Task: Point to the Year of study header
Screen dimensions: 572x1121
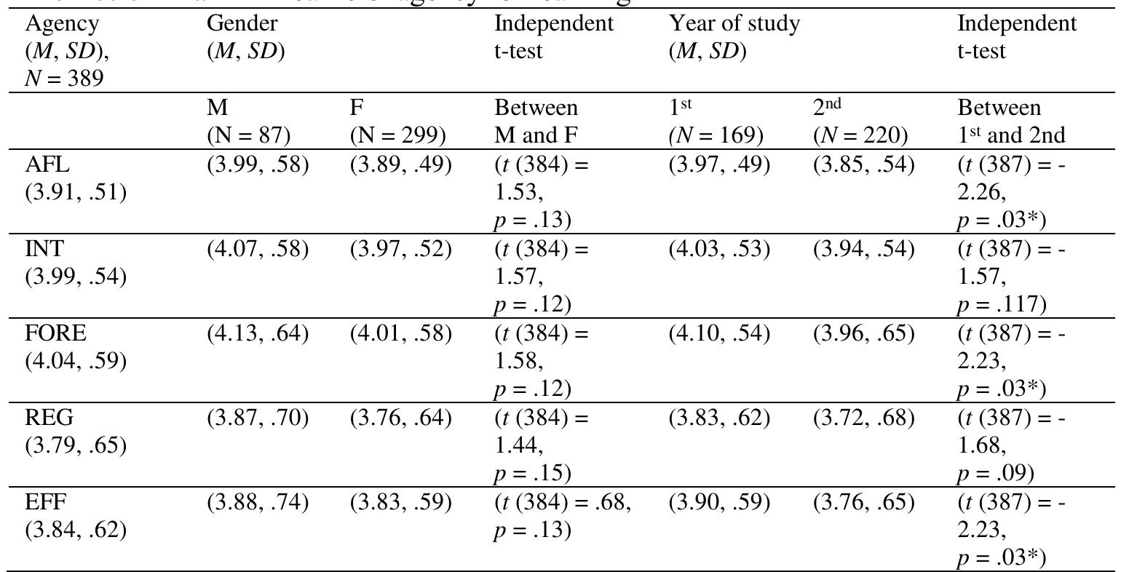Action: pos(734,23)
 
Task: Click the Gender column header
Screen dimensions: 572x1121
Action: pos(242,23)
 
